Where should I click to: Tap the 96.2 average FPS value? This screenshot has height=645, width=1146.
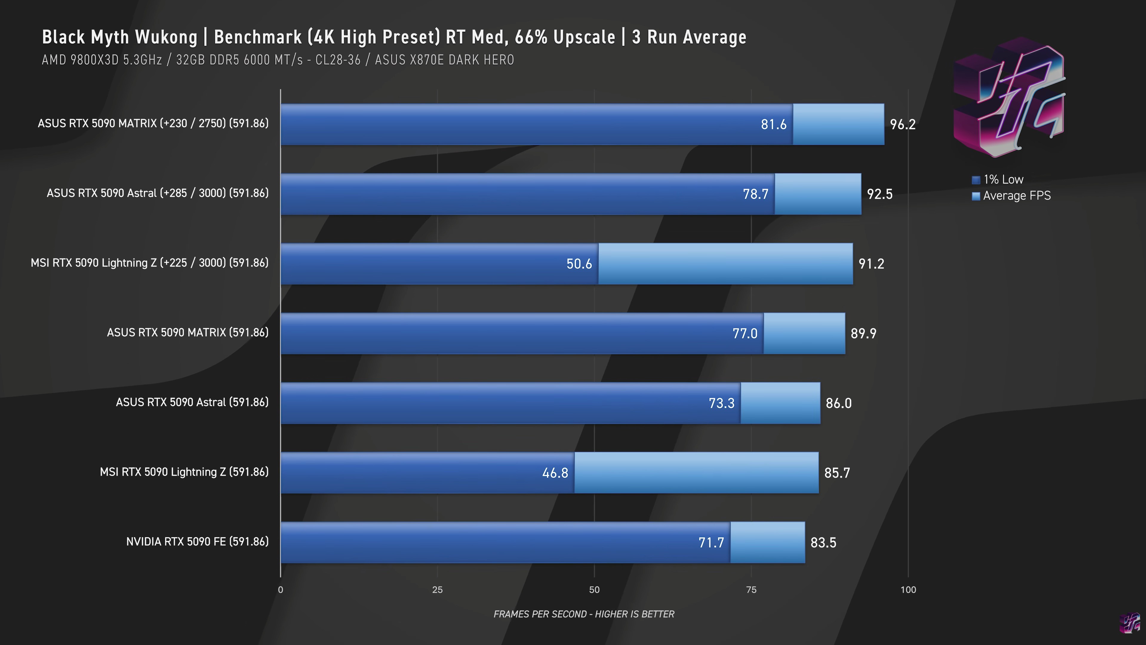(903, 124)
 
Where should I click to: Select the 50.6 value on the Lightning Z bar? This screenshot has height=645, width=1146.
(579, 263)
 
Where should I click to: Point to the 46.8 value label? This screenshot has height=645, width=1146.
(555, 473)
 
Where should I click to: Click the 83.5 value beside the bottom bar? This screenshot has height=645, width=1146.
(823, 543)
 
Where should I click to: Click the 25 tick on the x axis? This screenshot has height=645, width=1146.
(437, 590)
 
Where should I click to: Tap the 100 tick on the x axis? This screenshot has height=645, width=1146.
(908, 590)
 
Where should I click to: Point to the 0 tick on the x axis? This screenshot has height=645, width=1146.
(280, 590)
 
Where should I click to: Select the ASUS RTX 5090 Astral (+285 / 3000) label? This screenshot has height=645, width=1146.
(158, 193)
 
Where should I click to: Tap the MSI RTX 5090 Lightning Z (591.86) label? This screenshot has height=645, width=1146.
(184, 472)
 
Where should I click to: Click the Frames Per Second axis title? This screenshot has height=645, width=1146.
(584, 614)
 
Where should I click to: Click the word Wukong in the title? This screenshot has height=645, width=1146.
(166, 37)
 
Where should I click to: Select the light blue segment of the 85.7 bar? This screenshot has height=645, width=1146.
(696, 473)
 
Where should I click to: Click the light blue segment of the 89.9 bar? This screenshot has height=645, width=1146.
(804, 333)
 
